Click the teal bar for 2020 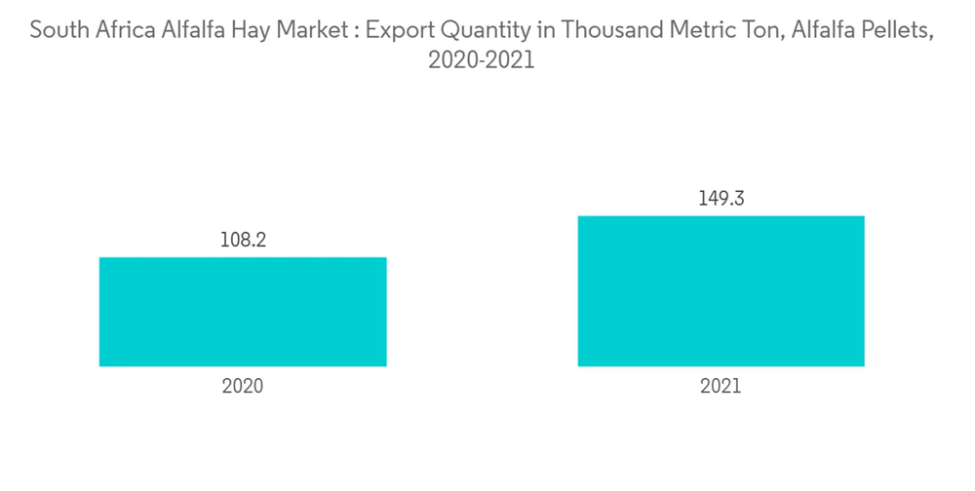[243, 312]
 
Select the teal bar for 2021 [721, 290]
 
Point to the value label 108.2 [243, 240]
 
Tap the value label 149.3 [721, 199]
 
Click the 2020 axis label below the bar [243, 386]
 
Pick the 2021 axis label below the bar [721, 386]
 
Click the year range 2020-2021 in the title [482, 60]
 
